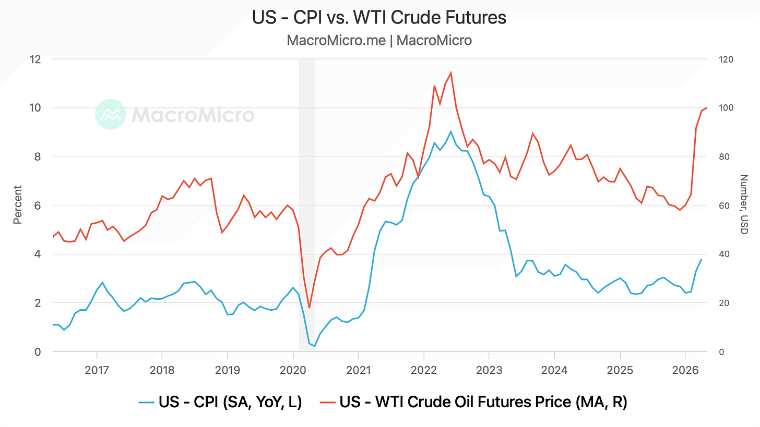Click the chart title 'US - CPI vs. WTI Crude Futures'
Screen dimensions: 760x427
click(x=379, y=17)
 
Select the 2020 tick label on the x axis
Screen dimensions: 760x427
click(x=293, y=370)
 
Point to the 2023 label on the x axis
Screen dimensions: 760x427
click(x=489, y=370)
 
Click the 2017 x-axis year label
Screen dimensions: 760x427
click(x=97, y=370)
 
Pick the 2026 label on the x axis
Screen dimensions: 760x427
click(x=685, y=370)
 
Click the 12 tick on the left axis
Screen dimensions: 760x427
click(x=35, y=59)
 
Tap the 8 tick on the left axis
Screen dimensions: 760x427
click(x=38, y=156)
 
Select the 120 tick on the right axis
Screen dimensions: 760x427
click(x=726, y=59)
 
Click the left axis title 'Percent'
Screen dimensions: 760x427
click(x=17, y=205)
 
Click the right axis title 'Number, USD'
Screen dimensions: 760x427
click(x=744, y=204)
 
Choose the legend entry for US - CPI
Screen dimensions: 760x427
click(x=220, y=402)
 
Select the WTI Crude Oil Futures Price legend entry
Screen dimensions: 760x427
click(x=473, y=402)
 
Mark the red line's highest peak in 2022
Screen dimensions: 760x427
click(x=451, y=72)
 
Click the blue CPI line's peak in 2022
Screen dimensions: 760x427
click(x=450, y=131)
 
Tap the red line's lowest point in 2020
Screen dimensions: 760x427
click(x=309, y=308)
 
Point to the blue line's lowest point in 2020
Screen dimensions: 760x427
click(x=315, y=346)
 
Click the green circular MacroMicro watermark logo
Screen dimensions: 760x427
click(x=110, y=114)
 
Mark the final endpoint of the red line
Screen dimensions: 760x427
click(x=707, y=108)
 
